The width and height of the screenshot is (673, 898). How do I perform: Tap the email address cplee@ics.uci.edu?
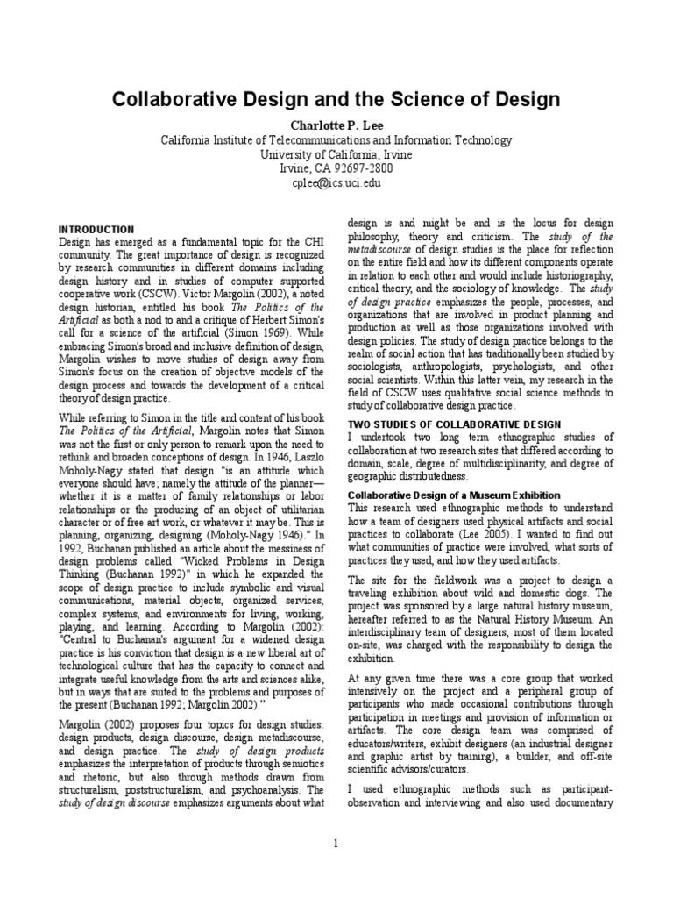point(336,183)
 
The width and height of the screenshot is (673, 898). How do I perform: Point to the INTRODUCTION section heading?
point(96,230)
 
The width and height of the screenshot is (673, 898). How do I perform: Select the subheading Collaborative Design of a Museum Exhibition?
point(454,495)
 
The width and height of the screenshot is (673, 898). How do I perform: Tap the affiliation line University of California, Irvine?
point(336,154)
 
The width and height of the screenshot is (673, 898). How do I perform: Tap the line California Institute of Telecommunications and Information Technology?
point(336,140)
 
